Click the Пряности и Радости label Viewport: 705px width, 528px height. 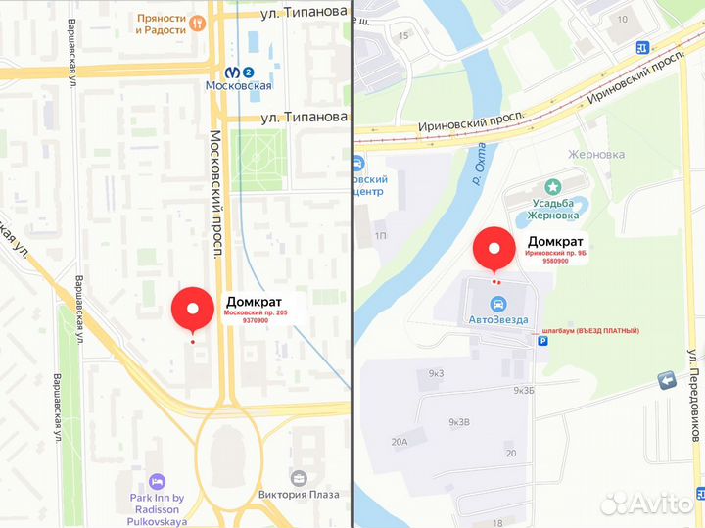[x=163, y=24]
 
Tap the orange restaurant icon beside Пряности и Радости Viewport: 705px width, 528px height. [x=198, y=22]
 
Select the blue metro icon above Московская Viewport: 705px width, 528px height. [x=239, y=72]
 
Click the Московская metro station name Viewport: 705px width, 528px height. [x=238, y=86]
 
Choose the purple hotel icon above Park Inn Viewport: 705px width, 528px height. [x=157, y=481]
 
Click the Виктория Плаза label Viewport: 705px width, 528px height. [x=299, y=495]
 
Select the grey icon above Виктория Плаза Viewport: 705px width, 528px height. [x=299, y=477]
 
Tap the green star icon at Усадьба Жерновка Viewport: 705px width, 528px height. [x=553, y=185]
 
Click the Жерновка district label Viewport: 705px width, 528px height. [x=597, y=154]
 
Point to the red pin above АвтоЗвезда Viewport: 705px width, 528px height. [x=494, y=249]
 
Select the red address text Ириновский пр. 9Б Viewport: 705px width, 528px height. [x=555, y=253]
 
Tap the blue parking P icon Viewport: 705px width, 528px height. [x=543, y=342]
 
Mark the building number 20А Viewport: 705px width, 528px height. [x=399, y=442]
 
